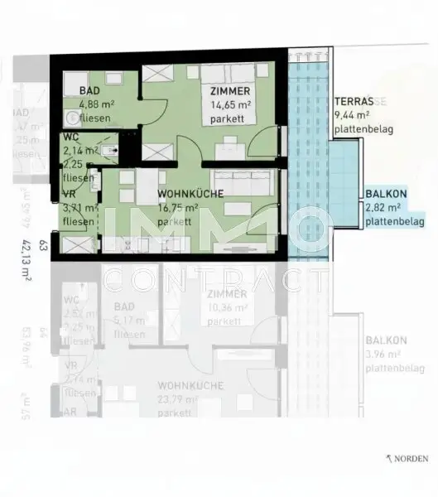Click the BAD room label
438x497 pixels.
[x=90, y=90]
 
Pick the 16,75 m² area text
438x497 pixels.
[x=178, y=209]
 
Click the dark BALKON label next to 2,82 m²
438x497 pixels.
[x=383, y=196]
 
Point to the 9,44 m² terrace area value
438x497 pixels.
[x=352, y=117]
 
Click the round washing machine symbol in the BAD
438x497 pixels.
[x=72, y=116]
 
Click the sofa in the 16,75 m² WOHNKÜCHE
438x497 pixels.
[x=243, y=181]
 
